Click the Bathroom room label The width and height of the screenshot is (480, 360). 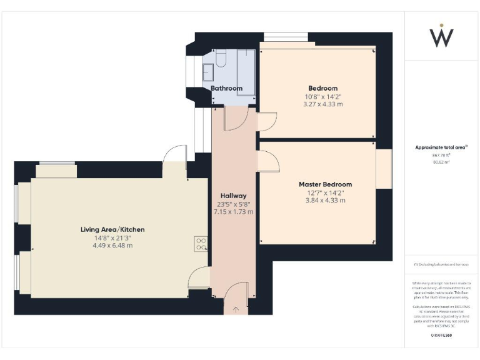coord(226,89)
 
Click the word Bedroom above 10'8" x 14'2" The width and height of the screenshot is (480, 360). coord(322,88)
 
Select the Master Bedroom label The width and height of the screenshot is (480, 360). coord(325,184)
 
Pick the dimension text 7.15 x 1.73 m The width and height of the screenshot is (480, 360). coord(234,212)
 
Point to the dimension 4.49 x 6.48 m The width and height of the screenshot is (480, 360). coord(112,246)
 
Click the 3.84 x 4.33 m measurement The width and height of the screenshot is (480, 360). coord(325,201)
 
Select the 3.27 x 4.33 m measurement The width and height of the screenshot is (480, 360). coord(323,104)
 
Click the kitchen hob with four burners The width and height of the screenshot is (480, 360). coord(201,244)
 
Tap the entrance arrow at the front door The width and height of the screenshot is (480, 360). coord(236,309)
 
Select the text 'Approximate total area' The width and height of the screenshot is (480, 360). coord(441,147)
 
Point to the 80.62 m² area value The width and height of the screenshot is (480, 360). coord(441,162)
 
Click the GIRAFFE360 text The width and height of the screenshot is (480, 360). coord(441,336)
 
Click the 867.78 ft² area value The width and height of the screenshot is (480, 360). coord(441,155)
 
